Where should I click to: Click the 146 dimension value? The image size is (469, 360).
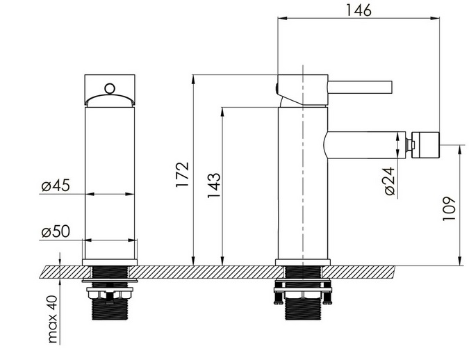(359, 10)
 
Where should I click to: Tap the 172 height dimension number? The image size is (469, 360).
(183, 174)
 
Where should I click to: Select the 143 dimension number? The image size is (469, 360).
(214, 186)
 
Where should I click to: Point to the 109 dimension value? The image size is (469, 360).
(449, 208)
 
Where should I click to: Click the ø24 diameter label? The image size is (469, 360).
(390, 181)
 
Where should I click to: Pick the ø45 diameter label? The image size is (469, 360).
(56, 186)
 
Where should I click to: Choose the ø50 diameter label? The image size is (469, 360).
(56, 231)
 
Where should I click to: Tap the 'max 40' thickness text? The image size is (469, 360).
(53, 319)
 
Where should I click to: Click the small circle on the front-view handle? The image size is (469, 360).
(110, 88)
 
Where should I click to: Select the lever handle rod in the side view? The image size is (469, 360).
(360, 88)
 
